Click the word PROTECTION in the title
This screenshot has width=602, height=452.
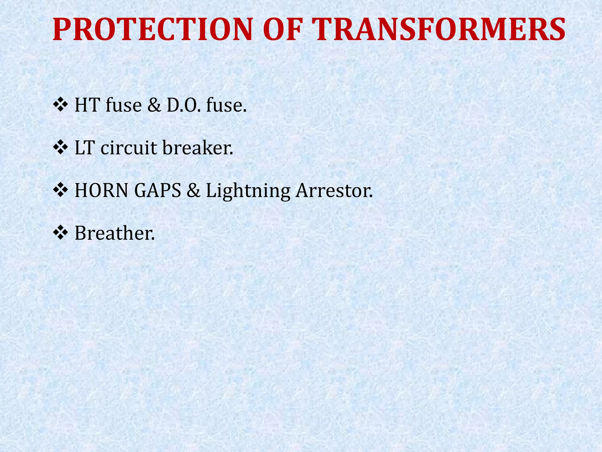click(152, 30)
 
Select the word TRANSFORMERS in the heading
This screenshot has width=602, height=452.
click(438, 30)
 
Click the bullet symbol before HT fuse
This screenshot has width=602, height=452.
click(60, 105)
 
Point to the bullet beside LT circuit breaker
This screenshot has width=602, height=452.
click(60, 148)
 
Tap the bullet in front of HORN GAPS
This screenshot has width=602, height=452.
click(60, 190)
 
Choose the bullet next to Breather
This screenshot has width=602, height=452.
click(60, 233)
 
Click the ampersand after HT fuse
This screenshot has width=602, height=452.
click(154, 105)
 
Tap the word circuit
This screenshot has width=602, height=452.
click(129, 148)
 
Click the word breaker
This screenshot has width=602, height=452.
click(198, 148)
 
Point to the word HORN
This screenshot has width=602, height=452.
click(102, 190)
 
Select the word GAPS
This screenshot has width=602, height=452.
click(158, 190)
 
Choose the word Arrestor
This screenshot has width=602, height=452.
click(334, 190)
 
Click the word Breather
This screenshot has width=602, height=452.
click(114, 233)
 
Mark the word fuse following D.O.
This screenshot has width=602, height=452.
click(226, 105)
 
